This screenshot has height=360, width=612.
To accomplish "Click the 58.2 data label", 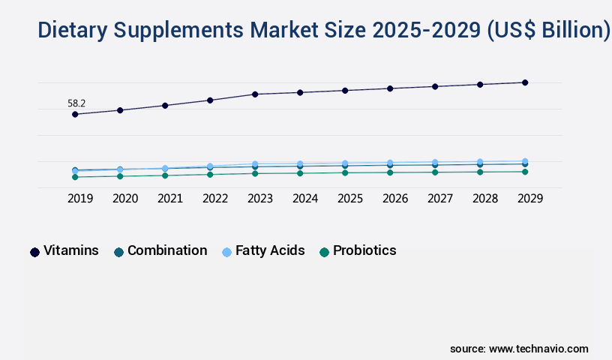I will coord(76,103).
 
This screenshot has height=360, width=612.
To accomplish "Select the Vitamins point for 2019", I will coord(75,114).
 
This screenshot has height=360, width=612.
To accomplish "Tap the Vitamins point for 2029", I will coord(525,82).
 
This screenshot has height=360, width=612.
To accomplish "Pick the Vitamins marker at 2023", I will coord(255,94).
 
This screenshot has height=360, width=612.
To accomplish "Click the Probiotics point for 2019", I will coord(75,177).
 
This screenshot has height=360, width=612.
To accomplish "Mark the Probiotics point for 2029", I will coord(525,172).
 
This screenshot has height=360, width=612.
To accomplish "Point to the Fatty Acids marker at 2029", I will coord(525,161).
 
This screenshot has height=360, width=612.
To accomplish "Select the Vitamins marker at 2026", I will coord(390,88).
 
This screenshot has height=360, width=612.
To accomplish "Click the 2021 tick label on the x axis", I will coord(170,199).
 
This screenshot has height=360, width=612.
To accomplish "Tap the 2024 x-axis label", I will coord(305,199).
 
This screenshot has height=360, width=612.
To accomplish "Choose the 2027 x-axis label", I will coord(440,199).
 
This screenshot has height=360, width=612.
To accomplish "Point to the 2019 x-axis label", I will coord(80,199).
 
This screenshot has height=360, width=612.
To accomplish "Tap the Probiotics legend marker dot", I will coord(324,252).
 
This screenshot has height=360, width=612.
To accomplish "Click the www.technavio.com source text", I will coord(538,349).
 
